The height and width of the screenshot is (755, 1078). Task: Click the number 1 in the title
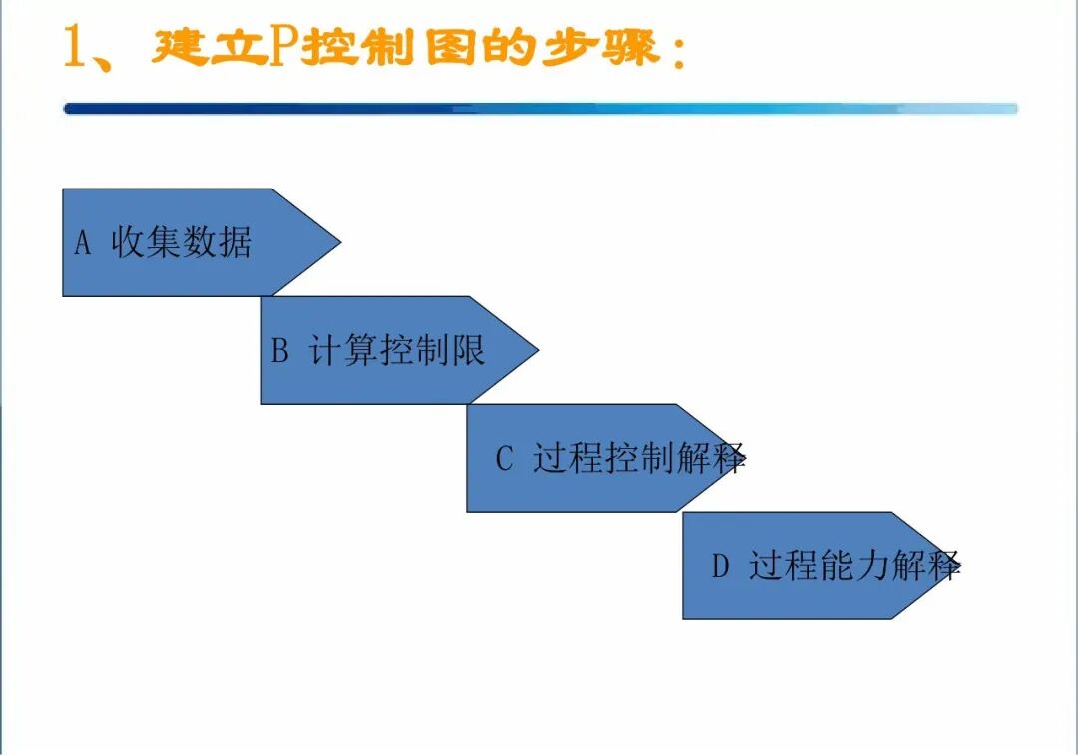(x=74, y=47)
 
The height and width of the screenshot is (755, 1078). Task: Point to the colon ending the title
(x=680, y=53)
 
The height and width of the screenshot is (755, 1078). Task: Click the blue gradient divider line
(x=540, y=109)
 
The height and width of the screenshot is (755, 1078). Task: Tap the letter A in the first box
(x=83, y=243)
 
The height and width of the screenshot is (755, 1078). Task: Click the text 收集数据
(x=182, y=242)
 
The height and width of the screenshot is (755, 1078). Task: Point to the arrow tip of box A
(x=341, y=241)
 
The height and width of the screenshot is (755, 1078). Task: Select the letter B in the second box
(x=279, y=350)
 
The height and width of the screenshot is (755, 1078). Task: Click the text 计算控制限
(x=397, y=350)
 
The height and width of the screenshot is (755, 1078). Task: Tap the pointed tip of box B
(x=538, y=350)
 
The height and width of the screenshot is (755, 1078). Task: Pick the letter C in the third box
(x=505, y=458)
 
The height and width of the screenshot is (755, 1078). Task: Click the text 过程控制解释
(x=640, y=458)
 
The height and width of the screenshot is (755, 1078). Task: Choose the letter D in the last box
(x=721, y=566)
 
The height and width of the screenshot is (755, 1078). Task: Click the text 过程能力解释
(x=854, y=566)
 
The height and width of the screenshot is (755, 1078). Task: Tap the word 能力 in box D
(x=854, y=566)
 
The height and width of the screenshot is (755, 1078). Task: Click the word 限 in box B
(x=468, y=350)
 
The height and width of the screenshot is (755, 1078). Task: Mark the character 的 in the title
(x=509, y=48)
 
